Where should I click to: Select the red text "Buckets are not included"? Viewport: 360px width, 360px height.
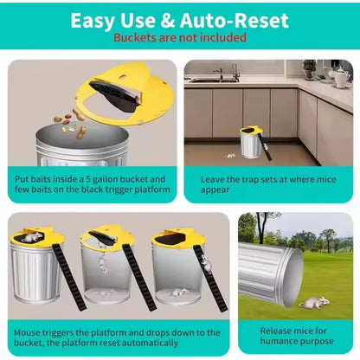tap(180, 38)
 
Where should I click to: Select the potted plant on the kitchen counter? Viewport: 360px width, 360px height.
tap(309, 69)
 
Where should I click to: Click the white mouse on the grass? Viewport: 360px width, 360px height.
tap(313, 301)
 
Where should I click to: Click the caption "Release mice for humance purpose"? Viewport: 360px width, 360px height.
tap(296, 336)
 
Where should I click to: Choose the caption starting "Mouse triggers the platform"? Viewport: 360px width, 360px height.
tap(118, 336)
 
